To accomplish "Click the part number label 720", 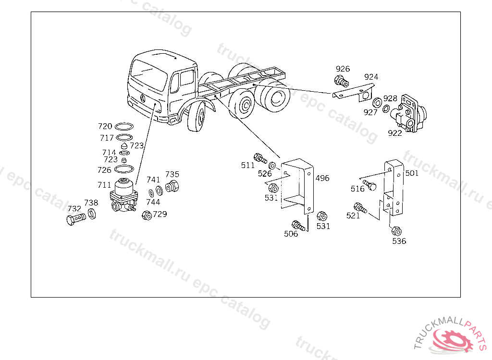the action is point(105,126).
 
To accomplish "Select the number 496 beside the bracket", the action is point(322,178).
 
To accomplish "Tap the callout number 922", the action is point(395,133).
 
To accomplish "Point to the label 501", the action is point(412,173).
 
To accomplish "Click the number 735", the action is point(172,174).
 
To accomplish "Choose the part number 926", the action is point(343,69).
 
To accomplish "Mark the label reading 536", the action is point(399,241).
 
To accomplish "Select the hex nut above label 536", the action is point(396,230).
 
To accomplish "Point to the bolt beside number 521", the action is point(360,208).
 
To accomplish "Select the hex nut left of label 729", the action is point(147,215).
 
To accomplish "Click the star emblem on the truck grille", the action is point(143,98).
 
